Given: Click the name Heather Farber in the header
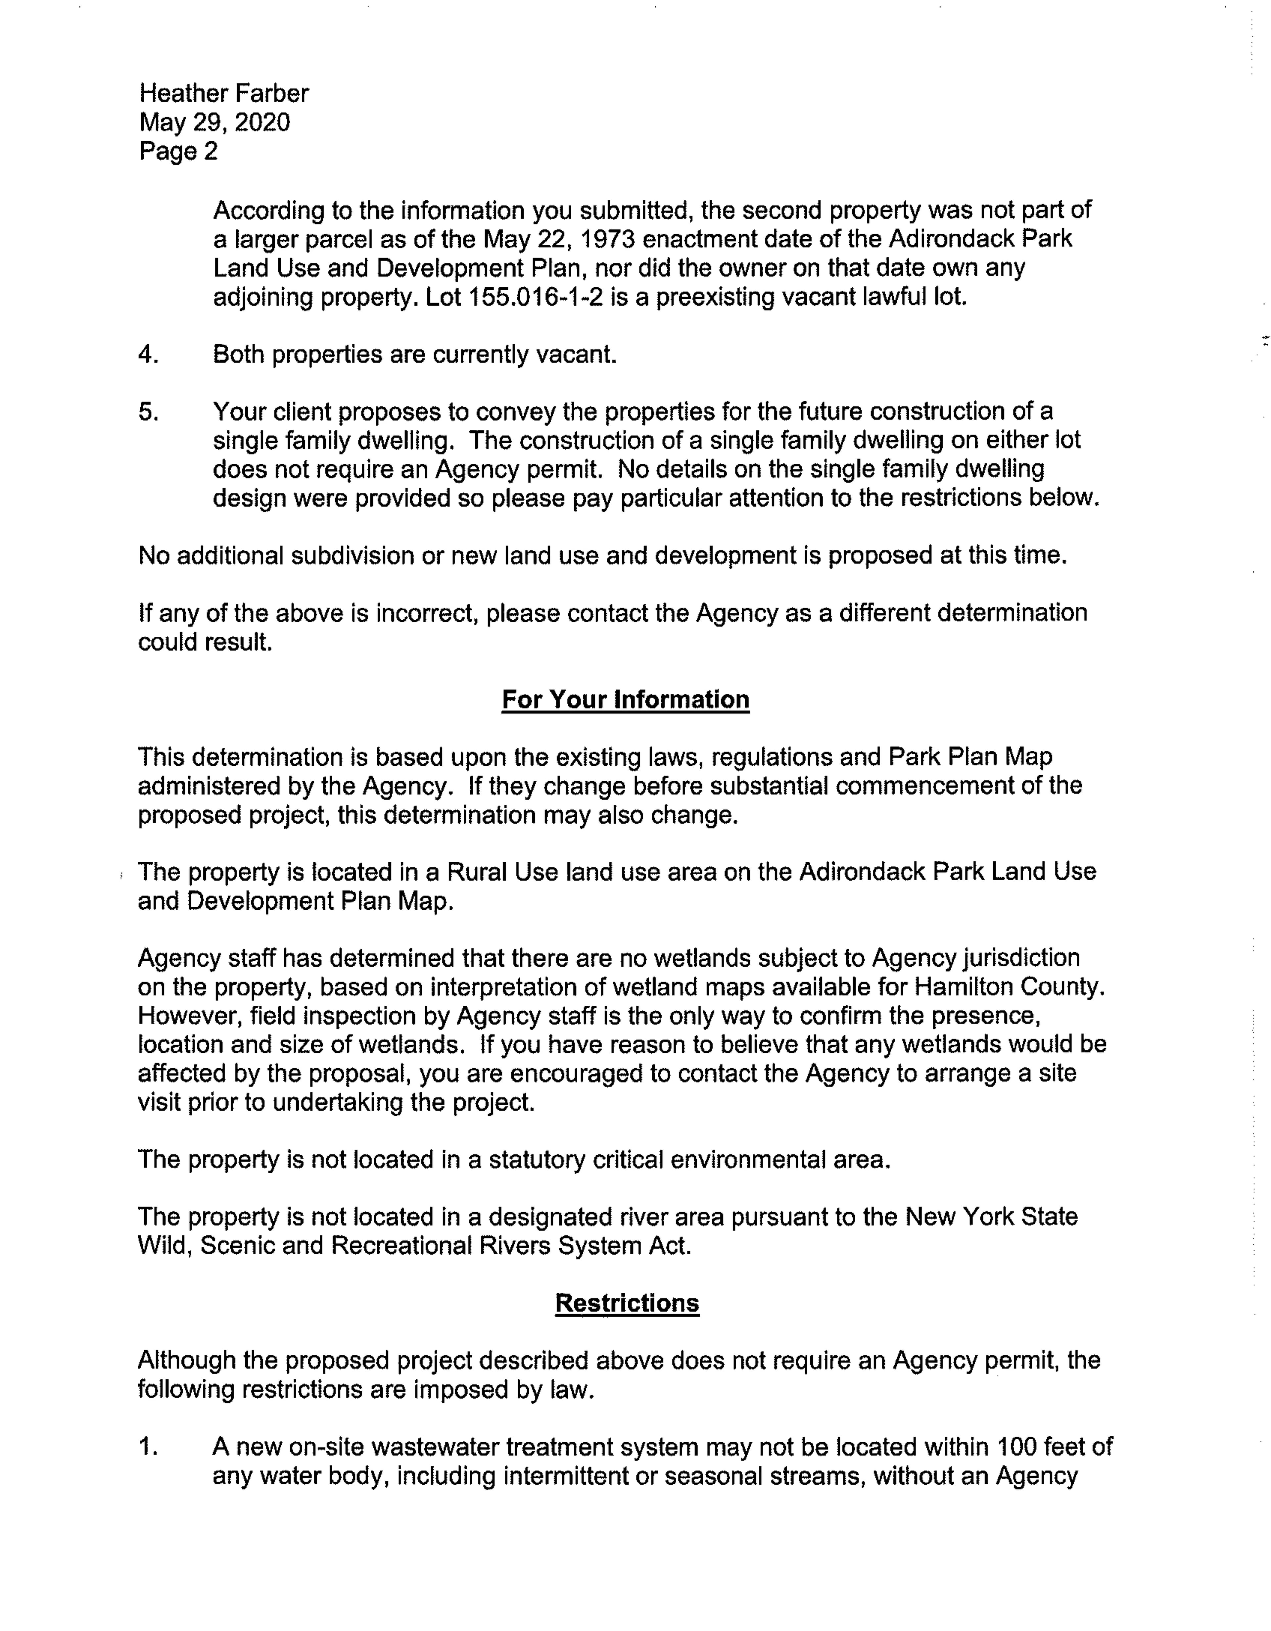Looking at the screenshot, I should [x=223, y=93].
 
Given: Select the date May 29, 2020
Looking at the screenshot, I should [x=214, y=122].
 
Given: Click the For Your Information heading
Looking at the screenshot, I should [x=625, y=700].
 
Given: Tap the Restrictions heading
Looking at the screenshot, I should [x=627, y=1303].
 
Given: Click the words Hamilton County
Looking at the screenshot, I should [x=1008, y=987].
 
